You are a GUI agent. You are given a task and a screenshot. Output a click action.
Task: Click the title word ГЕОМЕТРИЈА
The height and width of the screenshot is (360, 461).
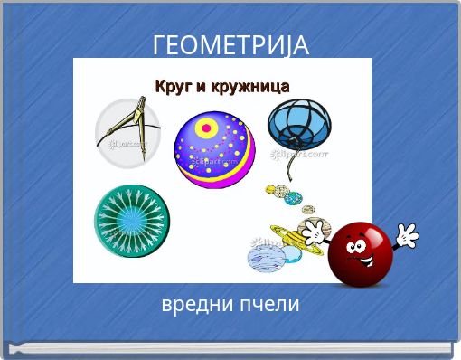tap(230, 44)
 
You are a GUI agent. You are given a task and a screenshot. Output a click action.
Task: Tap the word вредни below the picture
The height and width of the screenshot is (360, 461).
tap(193, 305)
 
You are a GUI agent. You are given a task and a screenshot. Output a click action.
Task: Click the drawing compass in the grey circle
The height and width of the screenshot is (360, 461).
tap(128, 134)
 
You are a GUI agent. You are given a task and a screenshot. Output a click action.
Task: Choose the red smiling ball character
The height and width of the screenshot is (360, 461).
tap(361, 253)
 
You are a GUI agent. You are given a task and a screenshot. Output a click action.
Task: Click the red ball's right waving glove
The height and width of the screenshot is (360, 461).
tap(407, 235)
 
